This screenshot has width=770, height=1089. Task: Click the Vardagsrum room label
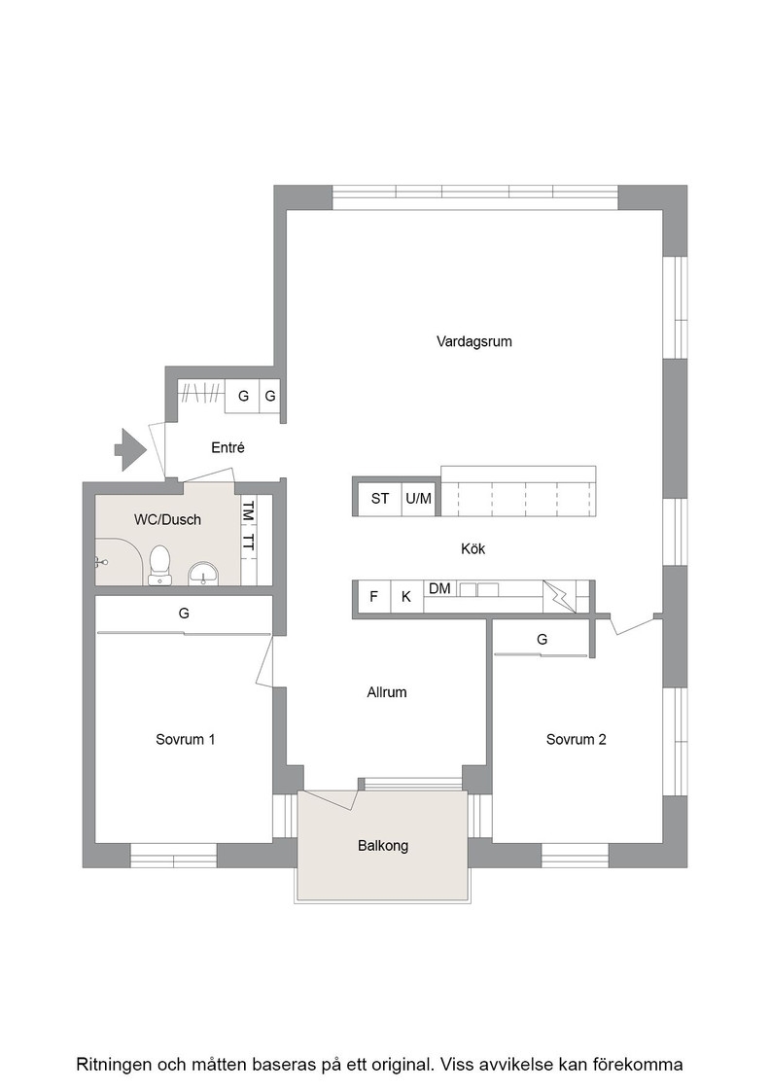point(474,341)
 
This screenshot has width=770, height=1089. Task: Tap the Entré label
point(227,448)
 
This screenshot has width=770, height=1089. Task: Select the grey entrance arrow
point(130,449)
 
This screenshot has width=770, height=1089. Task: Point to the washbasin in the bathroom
point(203,573)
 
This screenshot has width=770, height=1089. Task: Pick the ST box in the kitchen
point(380,498)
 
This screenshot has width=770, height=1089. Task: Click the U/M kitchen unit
point(419,498)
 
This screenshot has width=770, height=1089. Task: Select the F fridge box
point(373,597)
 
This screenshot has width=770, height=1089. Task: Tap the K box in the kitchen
point(406,597)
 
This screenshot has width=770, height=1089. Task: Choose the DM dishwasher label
point(439,588)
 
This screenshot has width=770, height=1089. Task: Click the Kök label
point(472,548)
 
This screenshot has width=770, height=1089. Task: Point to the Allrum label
point(387,691)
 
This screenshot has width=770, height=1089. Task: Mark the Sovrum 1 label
point(186,739)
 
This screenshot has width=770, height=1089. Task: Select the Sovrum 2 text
point(577,739)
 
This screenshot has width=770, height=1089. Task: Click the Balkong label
point(383,845)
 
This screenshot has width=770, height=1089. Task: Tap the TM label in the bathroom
point(248,511)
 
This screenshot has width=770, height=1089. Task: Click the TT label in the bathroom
point(248,543)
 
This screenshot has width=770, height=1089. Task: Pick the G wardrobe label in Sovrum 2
point(542,639)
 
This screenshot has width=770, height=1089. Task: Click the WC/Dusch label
point(167,519)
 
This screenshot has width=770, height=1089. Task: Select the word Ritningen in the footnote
point(115,1064)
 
